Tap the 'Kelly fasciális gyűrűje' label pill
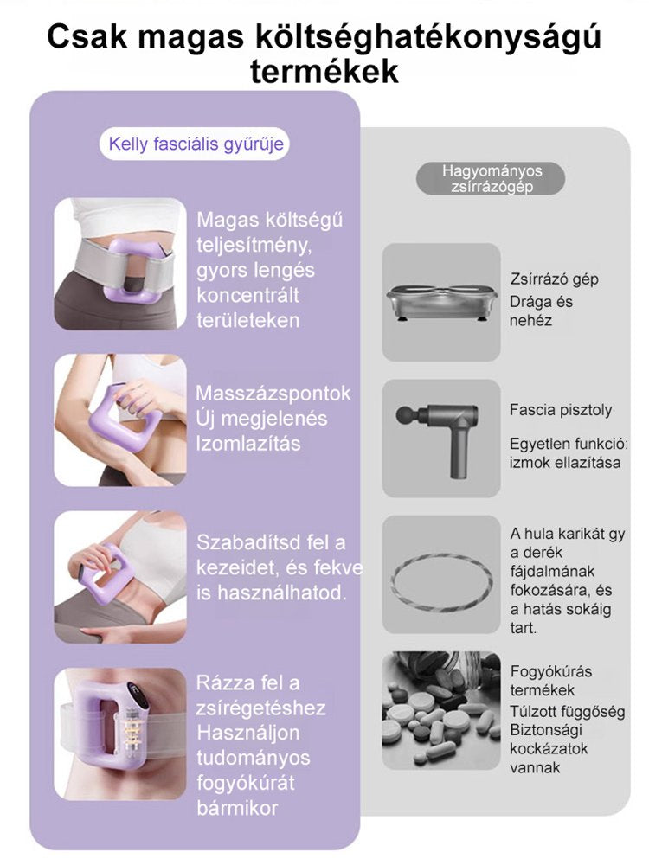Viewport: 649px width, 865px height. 196,144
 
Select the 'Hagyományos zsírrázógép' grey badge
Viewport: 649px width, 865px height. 492,178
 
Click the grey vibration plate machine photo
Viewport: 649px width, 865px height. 442,303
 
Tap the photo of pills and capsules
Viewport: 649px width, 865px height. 442,710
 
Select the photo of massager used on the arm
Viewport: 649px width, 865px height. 120,420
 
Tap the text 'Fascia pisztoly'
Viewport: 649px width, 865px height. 561,410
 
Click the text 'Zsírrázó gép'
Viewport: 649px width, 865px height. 555,279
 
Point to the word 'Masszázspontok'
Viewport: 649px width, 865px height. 273,394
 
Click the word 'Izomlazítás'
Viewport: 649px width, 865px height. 248,444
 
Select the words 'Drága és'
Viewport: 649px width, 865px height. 542,302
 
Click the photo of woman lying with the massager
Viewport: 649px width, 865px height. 120,577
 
